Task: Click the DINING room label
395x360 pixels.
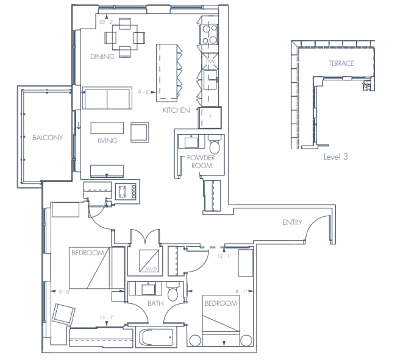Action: point(102,57)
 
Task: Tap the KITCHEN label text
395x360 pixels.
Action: point(176,110)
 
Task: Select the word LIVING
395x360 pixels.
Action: point(107,141)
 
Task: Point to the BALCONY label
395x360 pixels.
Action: point(48,138)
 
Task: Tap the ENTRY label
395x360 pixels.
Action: point(292,222)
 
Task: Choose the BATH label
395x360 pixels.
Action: point(154,302)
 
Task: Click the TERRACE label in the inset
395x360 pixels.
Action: point(341,63)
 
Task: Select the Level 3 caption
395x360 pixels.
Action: point(335,157)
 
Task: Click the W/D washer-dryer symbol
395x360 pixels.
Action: point(149,261)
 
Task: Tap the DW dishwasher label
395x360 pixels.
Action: point(210,62)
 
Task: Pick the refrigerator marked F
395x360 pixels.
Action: point(210,117)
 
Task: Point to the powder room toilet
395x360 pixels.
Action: point(215,147)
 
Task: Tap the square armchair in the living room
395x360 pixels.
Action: point(140,132)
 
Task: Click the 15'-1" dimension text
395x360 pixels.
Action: point(107,316)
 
